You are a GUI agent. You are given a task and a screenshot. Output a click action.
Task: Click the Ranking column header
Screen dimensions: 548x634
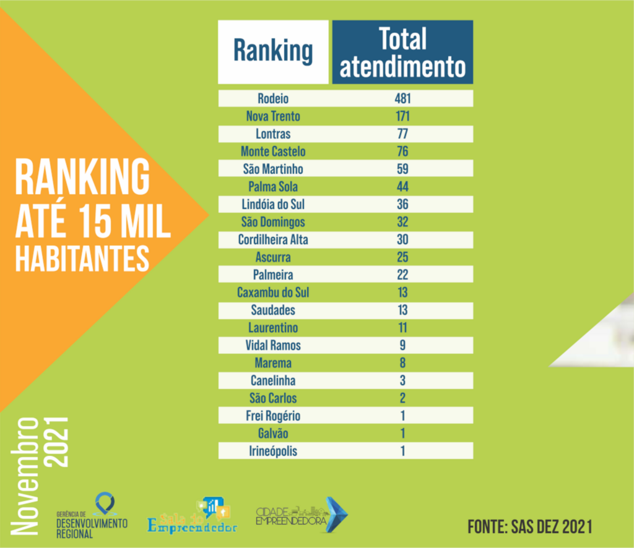pyautogui.click(x=273, y=52)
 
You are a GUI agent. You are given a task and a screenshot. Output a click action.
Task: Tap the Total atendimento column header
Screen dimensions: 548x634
pyautogui.click(x=402, y=53)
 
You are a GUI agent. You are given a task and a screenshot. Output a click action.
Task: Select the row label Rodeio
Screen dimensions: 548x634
pyautogui.click(x=273, y=99)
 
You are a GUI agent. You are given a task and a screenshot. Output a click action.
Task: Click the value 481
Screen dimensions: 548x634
pyautogui.click(x=402, y=99)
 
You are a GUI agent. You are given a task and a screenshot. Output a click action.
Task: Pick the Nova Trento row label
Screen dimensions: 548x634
pyautogui.click(x=273, y=116)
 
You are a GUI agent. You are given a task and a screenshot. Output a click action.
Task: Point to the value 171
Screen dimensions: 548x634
pyautogui.click(x=402, y=116)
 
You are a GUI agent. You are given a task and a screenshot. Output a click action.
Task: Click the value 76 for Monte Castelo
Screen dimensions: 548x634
pyautogui.click(x=402, y=152)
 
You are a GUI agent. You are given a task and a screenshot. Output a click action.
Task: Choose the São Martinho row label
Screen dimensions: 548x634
pyautogui.click(x=273, y=169)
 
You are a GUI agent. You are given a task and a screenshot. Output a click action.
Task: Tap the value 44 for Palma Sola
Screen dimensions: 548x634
pyautogui.click(x=402, y=187)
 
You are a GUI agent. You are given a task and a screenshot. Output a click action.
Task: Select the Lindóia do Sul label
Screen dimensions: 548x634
pyautogui.click(x=273, y=204)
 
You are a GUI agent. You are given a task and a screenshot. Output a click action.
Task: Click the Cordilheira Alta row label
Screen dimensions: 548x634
pyautogui.click(x=273, y=239)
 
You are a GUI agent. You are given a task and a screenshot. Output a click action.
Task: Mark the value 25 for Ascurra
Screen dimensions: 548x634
pyautogui.click(x=402, y=257)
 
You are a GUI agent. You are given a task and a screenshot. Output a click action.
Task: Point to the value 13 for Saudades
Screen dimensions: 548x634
pyautogui.click(x=402, y=310)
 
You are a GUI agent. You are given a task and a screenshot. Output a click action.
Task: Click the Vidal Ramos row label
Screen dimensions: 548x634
pyautogui.click(x=273, y=345)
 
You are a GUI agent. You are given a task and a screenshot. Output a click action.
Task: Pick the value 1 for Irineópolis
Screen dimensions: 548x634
pyautogui.click(x=402, y=451)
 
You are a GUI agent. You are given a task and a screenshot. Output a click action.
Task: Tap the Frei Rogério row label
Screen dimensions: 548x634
pyautogui.click(x=273, y=416)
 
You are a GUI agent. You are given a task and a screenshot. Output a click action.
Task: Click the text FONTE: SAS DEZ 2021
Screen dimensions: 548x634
pyautogui.click(x=529, y=527)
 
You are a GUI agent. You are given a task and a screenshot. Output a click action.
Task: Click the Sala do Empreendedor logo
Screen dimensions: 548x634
pyautogui.click(x=193, y=517)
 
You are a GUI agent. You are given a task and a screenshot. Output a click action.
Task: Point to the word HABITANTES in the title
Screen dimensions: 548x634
pyautogui.click(x=82, y=260)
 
